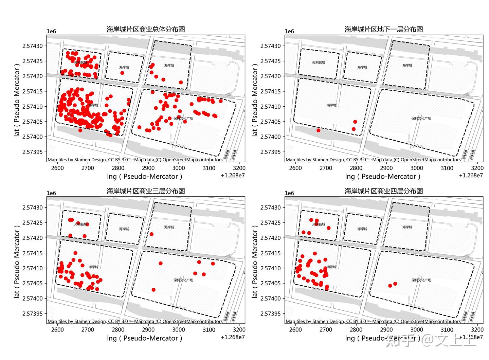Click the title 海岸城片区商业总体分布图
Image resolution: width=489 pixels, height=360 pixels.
coord(146,30)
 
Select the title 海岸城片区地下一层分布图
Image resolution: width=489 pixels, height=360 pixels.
coord(384,30)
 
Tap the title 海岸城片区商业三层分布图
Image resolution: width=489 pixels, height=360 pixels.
coord(146,191)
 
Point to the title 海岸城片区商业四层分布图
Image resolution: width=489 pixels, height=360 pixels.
coord(384,191)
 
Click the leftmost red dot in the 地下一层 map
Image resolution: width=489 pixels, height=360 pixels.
coord(318,130)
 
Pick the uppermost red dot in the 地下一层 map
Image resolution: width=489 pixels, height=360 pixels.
coord(355,122)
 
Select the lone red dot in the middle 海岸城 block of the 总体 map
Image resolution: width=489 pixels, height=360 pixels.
coord(122,73)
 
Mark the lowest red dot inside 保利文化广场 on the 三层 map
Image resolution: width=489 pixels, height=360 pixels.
coord(153,290)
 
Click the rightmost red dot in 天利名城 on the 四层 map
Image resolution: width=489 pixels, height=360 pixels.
coord(329,228)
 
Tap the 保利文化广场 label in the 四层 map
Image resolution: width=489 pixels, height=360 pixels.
coord(421,280)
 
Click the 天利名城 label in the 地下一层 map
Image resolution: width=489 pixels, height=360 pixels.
coord(319,62)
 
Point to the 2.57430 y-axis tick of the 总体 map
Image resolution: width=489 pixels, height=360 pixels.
coord(33,46)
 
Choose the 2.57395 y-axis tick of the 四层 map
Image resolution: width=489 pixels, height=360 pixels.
coord(271,314)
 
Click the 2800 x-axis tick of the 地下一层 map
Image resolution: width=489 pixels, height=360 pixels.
coord(356,168)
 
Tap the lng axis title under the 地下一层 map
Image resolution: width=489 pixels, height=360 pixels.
coord(383,177)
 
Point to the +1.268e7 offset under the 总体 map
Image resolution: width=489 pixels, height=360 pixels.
coord(233,176)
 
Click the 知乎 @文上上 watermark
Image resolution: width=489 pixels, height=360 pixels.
coord(431,340)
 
